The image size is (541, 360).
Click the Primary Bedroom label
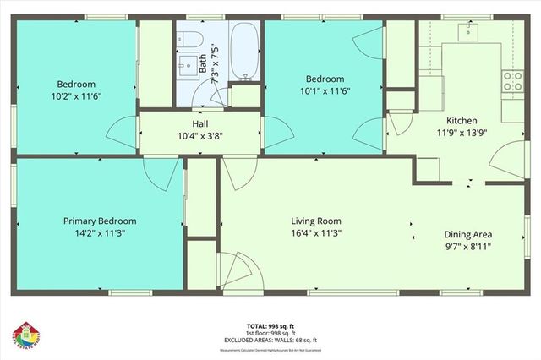click(100, 221)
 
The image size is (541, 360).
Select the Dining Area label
click(468, 235)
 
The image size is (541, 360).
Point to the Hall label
click(199, 123)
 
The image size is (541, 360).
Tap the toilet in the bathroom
click(189, 39)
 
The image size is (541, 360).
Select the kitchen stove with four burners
click(512, 81)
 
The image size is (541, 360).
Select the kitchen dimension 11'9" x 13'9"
click(462, 133)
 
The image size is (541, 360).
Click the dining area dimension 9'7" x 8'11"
click(468, 247)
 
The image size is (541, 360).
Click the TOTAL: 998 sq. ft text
click(270, 325)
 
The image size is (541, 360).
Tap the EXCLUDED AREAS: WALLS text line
click(270, 340)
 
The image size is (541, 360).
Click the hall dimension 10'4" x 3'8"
click(199, 135)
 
